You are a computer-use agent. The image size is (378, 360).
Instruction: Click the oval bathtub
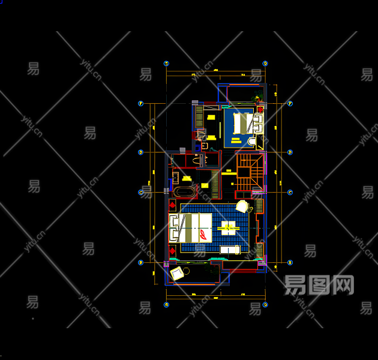[x=184, y=193]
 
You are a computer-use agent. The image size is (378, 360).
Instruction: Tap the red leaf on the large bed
[x=205, y=233]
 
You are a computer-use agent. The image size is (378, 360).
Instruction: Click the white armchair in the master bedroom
[x=242, y=206]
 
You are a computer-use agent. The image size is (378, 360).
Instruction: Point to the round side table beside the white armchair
[x=250, y=210]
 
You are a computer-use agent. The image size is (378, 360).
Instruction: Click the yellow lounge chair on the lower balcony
[x=178, y=274]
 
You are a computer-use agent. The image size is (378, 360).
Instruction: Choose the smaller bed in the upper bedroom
[x=245, y=124]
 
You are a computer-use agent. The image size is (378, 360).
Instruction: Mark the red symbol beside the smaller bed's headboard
[x=260, y=109]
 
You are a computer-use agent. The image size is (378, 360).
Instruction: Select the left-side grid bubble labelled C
[x=141, y=193]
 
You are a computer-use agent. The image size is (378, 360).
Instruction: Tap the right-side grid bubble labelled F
[x=290, y=103]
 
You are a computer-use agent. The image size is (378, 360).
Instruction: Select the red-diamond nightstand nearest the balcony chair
[x=173, y=250]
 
